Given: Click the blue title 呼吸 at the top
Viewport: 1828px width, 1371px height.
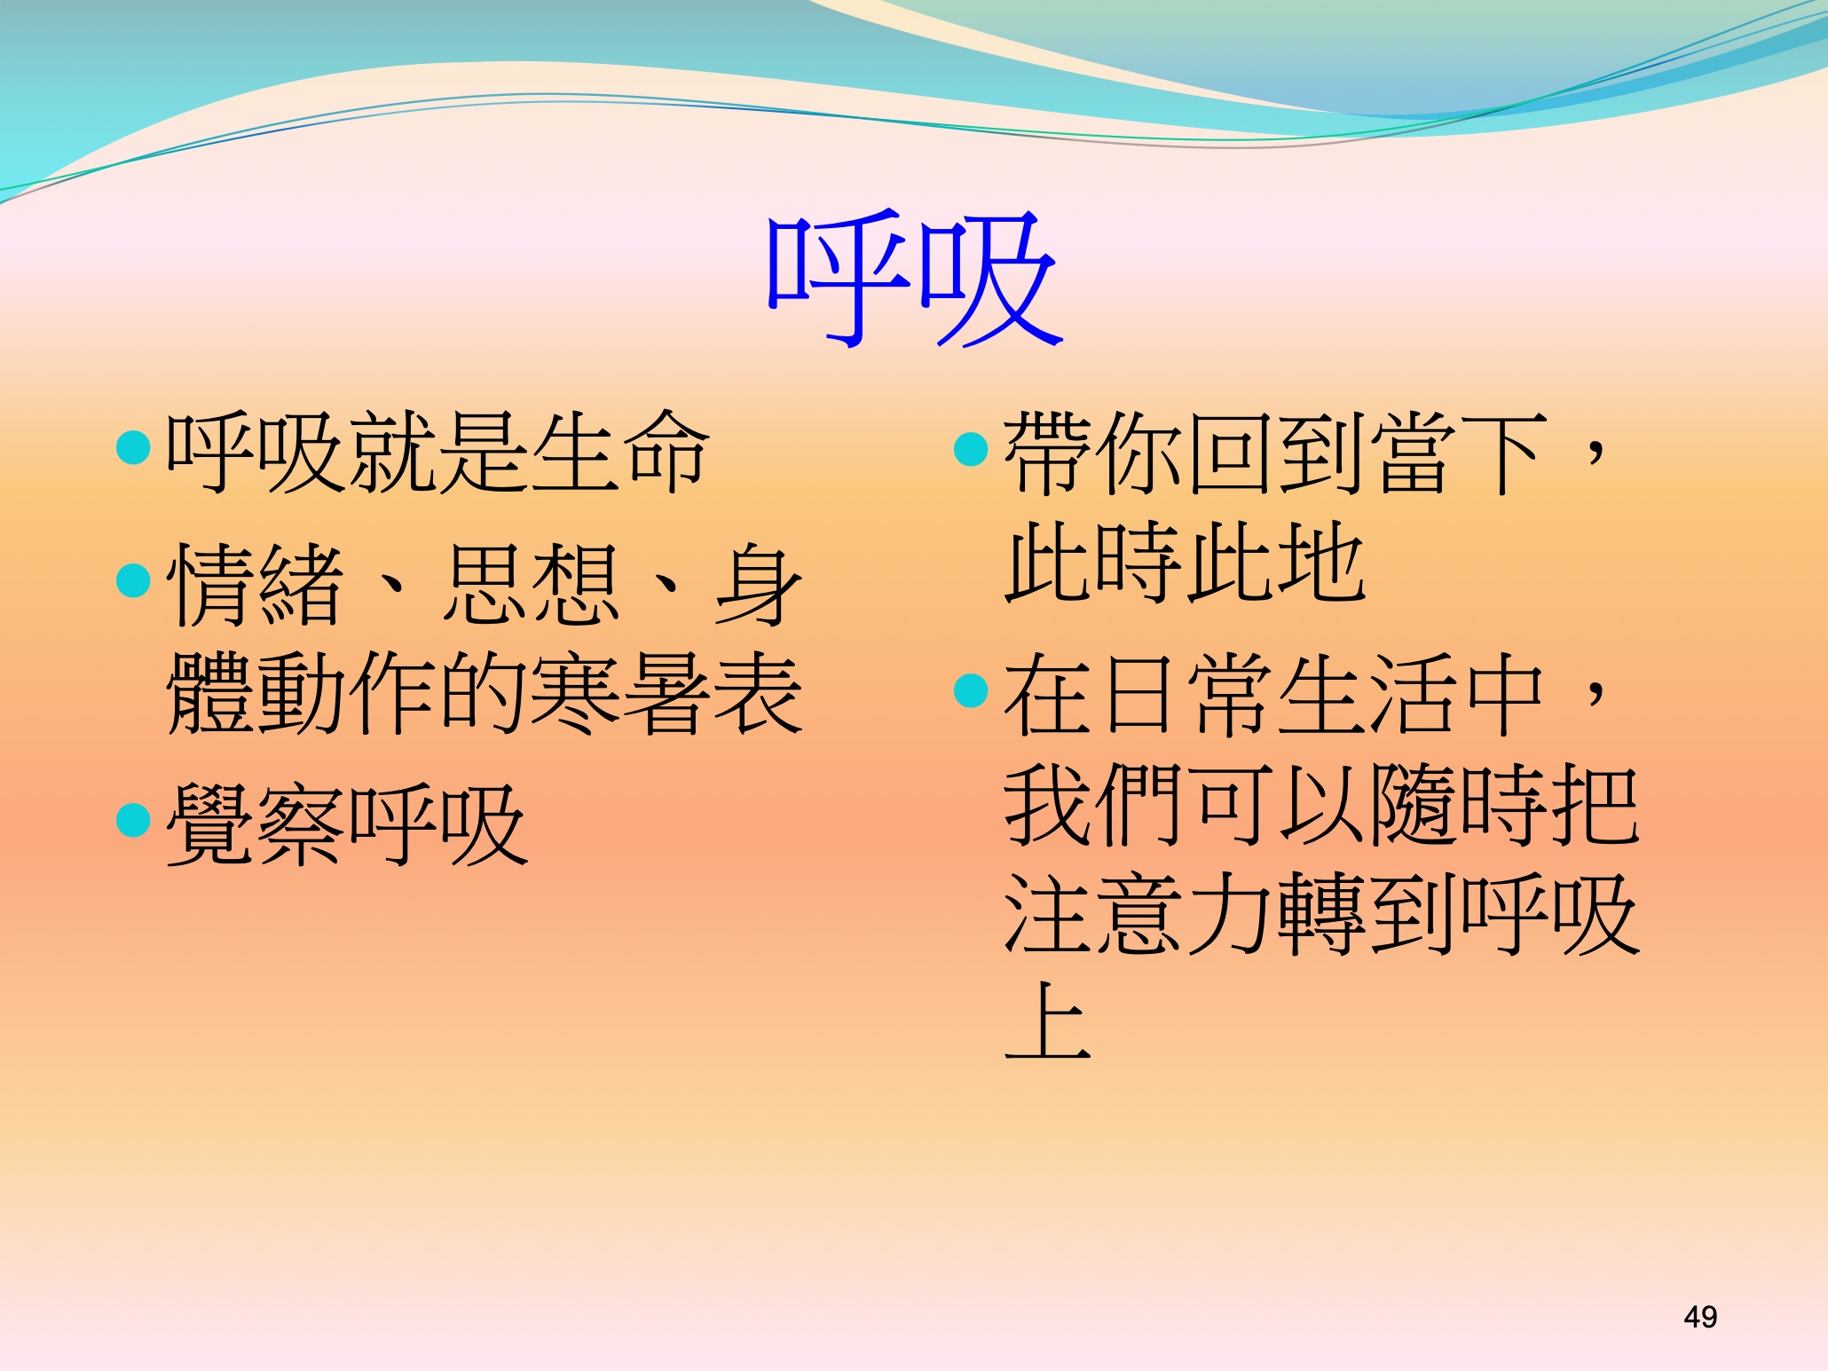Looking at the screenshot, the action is coord(915,279).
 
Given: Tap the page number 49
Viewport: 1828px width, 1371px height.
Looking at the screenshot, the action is coord(1700,1317).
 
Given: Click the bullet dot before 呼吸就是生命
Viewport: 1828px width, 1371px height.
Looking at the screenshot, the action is coord(134,448).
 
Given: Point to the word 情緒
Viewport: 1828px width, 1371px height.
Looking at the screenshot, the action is coord(256,585).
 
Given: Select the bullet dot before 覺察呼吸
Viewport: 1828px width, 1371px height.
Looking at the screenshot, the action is coord(134,821).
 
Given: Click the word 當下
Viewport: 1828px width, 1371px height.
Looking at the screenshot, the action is coord(1460,453).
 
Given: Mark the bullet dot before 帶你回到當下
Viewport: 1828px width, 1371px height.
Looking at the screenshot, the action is coord(971,449).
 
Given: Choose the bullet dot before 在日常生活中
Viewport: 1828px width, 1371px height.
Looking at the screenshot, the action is coord(971,690).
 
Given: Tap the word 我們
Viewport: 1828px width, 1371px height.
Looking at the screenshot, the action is coord(1094,804).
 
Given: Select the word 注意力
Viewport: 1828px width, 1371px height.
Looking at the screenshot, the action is coord(1140,913).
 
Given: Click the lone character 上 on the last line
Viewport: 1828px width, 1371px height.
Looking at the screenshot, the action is coord(1048,1021).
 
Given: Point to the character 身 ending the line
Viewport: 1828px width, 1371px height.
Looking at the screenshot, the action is coord(759,585).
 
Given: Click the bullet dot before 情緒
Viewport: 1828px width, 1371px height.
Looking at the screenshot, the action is coord(134,581).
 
